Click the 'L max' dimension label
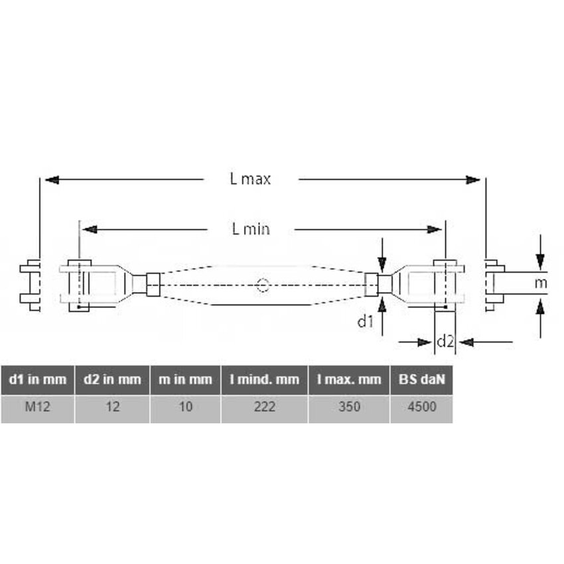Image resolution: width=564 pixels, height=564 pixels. tap(251, 179)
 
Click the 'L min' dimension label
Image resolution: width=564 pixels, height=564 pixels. tap(251, 230)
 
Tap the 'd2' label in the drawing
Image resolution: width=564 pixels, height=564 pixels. tap(445, 342)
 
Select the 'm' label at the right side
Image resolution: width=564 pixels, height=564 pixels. tap(542, 284)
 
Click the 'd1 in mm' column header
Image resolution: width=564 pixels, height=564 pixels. tap(37, 380)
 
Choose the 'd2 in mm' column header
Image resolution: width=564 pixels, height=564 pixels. tap(112, 380)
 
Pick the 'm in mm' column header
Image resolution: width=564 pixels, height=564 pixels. tap(185, 380)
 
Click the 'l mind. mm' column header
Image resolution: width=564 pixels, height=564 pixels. tap(264, 380)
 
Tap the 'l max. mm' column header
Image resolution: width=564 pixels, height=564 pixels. tap(349, 380)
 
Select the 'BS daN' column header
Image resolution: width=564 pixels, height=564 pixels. tap(421, 380)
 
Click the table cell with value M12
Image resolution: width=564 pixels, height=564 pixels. tap(37, 407)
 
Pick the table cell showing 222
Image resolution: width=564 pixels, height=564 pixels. tap(264, 407)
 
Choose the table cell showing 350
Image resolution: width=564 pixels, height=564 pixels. tap(349, 407)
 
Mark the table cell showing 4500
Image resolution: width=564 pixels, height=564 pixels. tap(421, 407)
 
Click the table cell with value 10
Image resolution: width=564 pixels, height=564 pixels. tap(185, 407)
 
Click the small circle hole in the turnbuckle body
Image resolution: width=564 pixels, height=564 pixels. tap(263, 285)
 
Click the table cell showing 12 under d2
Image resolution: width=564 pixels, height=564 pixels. tap(112, 407)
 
